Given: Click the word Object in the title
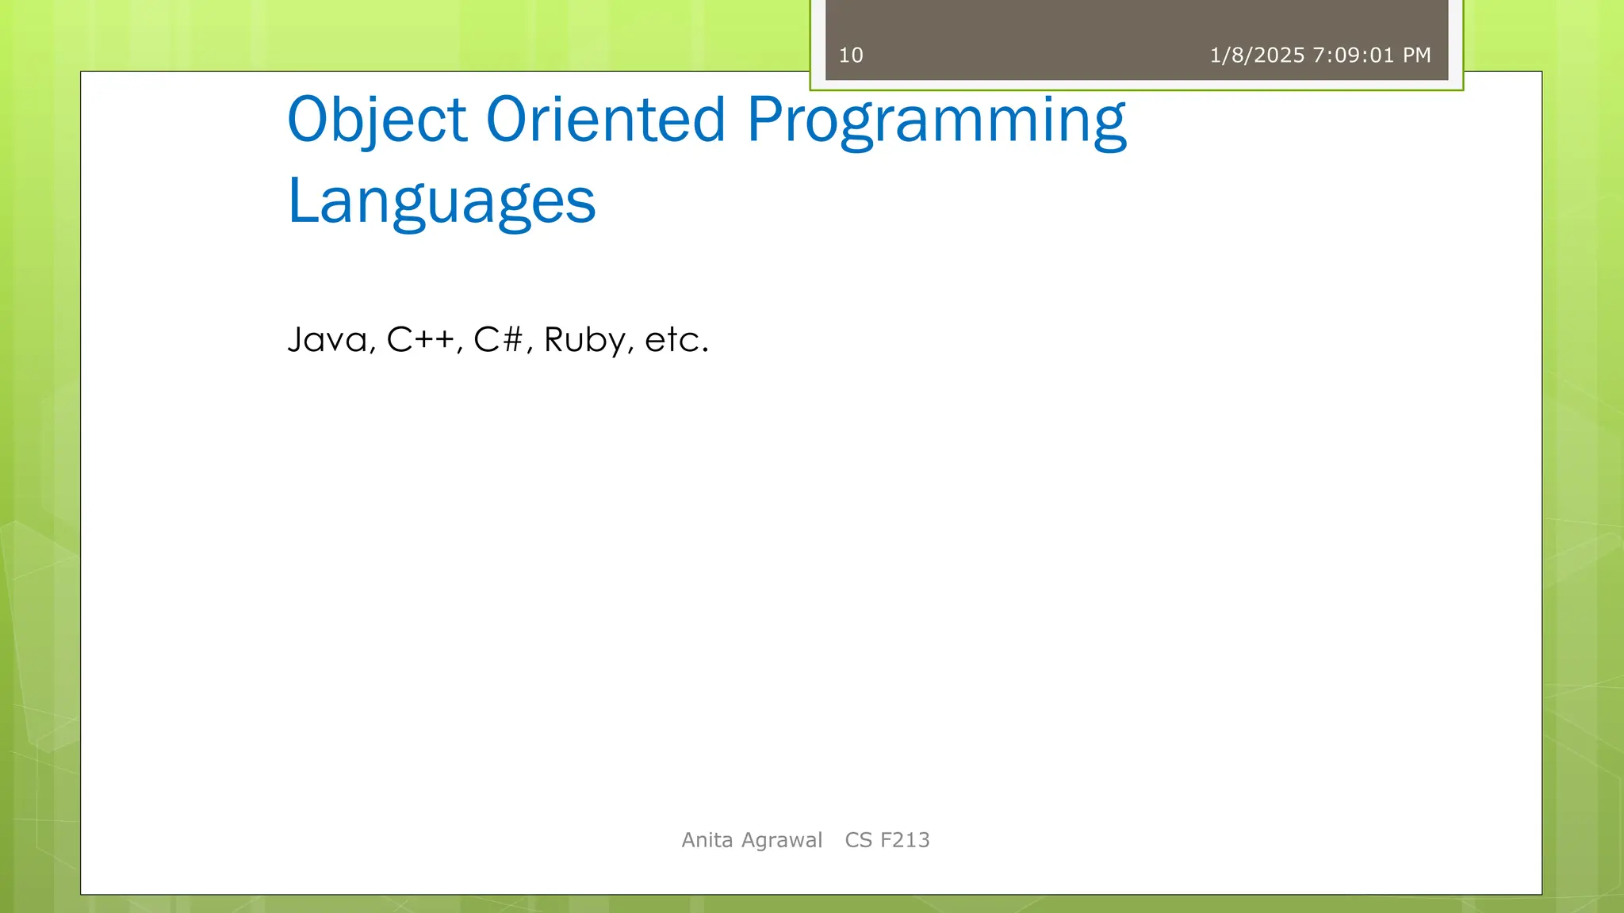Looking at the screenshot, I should coord(377,120).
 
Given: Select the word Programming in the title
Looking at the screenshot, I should coord(936,120).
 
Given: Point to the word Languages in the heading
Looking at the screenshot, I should coord(441,202).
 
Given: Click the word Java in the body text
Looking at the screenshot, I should coord(327,340).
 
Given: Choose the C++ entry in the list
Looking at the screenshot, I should coord(421,340).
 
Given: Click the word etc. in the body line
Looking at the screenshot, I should coord(676,340).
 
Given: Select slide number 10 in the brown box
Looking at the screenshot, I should coord(851,55).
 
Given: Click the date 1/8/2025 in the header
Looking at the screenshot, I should coord(1257,55).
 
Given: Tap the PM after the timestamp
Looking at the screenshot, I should coord(1417,55).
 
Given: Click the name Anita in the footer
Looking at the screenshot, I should coord(707,840).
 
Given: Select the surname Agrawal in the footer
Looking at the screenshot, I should coord(781,840).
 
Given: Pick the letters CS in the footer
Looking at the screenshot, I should coord(859,840).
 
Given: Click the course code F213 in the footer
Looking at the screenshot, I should coord(905,840).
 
